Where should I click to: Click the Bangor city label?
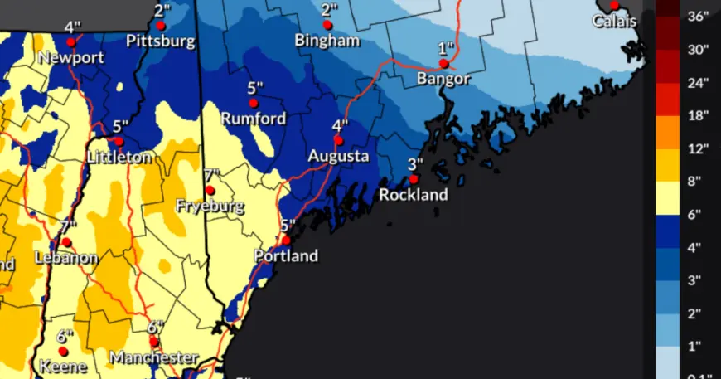443,80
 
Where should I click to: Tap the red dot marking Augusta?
338,140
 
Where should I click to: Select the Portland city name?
286,256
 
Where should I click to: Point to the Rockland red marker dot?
414,178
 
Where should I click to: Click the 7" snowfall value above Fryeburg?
211,175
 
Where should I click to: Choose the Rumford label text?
254,119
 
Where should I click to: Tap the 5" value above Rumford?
254,88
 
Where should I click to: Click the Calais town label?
614,21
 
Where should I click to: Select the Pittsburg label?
161,41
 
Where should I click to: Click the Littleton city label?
119,157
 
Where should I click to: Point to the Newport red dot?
72,41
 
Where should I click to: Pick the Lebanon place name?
66,258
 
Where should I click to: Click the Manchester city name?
154,358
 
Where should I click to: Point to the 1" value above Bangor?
447,48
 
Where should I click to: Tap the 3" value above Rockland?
415,163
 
